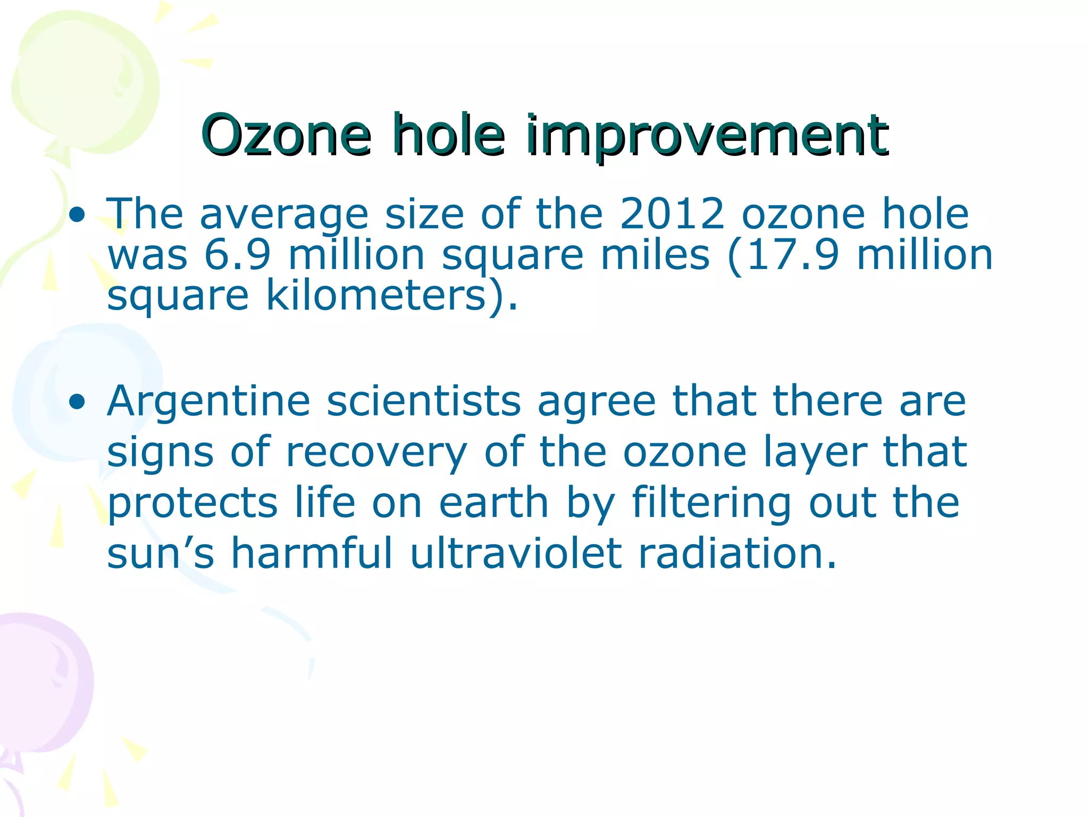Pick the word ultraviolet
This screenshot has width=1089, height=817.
pyautogui.click(x=515, y=553)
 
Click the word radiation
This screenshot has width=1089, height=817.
pyautogui.click(x=737, y=553)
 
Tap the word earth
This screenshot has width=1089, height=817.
pyautogui.click(x=493, y=502)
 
